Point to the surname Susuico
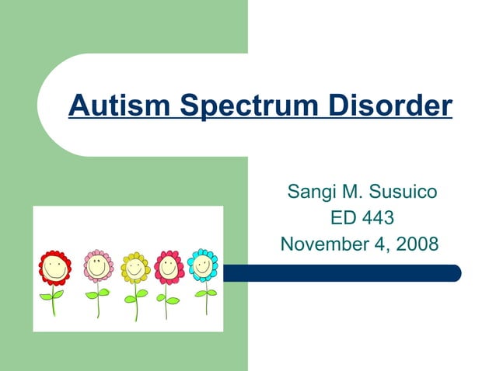tap(398, 191)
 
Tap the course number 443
tap(379, 218)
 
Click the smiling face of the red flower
tap(54, 269)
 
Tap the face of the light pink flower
tap(98, 266)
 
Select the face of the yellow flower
tap(135, 268)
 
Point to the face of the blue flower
tap(203, 265)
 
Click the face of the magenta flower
tap(169, 268)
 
